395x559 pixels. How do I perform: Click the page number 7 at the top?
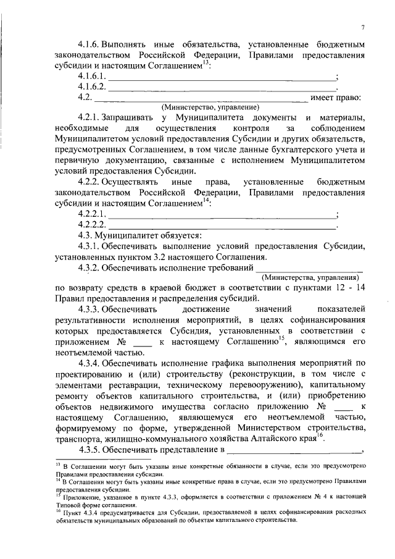pos(363,27)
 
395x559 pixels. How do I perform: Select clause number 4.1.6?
pos(89,46)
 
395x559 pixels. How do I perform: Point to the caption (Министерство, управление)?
pos(202,107)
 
